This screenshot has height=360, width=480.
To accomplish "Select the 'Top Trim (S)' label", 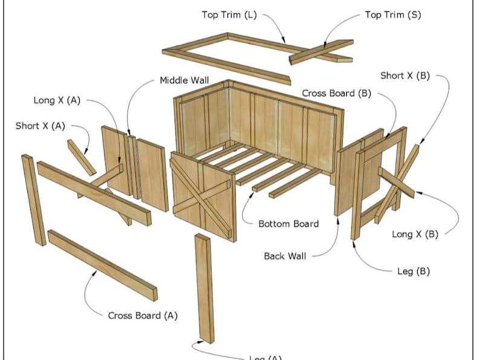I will pos(392,15).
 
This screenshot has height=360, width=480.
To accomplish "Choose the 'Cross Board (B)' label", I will pos(337,93).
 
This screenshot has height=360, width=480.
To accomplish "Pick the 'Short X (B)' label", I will pos(405,76).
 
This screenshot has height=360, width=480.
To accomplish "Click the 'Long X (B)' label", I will pos(415,234).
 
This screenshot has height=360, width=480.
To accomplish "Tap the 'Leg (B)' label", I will pos(414,271).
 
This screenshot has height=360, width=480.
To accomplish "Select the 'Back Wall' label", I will pos(285,256).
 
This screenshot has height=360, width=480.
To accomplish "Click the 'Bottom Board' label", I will pos(288,224).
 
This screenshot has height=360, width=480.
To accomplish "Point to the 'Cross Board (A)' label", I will pos(143,315).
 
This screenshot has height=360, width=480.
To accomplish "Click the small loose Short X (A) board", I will pos(81,157).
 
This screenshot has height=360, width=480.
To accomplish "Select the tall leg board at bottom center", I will pos(204,288).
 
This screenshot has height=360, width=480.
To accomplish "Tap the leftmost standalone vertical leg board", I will pos(33,200).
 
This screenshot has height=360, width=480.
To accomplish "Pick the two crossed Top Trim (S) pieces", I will pos(322,52).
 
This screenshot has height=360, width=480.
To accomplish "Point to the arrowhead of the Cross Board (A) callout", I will pos(94,273).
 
